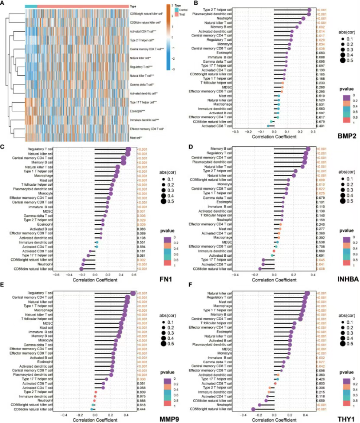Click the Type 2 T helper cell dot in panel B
309,10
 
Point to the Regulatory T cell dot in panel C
128,150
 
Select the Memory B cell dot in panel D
308,149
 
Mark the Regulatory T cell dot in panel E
133,294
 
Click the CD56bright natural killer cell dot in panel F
253,409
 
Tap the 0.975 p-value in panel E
141,396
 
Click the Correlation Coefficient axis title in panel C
95,279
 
